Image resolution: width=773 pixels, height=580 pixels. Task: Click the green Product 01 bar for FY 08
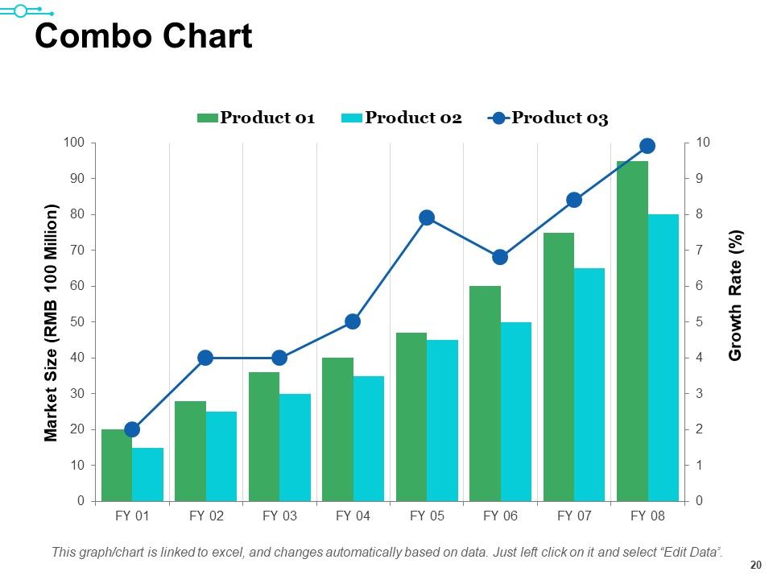(x=633, y=331)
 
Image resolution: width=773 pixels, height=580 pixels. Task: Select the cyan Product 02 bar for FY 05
(x=442, y=420)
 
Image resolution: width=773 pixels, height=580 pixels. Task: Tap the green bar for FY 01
(x=117, y=465)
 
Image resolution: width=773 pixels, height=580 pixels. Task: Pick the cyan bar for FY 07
(x=589, y=385)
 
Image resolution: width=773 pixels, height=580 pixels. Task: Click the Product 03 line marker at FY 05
(x=427, y=217)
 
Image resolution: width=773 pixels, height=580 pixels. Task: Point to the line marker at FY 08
(x=647, y=146)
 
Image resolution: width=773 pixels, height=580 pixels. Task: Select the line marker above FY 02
(x=205, y=358)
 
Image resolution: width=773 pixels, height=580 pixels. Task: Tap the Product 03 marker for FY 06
(x=500, y=257)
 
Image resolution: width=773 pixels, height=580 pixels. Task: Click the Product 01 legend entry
(x=256, y=118)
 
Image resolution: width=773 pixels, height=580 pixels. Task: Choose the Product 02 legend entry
(x=402, y=118)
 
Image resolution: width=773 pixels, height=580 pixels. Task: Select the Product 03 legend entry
(x=548, y=118)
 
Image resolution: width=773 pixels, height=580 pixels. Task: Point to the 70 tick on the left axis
(x=77, y=250)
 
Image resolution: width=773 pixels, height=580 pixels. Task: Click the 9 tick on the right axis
(x=700, y=178)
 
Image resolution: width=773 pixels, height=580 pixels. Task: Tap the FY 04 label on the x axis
(x=353, y=516)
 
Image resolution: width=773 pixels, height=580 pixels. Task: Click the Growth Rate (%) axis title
(x=734, y=295)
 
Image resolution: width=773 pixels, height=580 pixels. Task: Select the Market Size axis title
(x=51, y=322)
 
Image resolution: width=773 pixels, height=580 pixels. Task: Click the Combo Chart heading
(x=143, y=36)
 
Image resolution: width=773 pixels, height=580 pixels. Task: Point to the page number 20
(x=756, y=565)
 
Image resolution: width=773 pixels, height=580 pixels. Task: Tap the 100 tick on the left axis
(x=74, y=143)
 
